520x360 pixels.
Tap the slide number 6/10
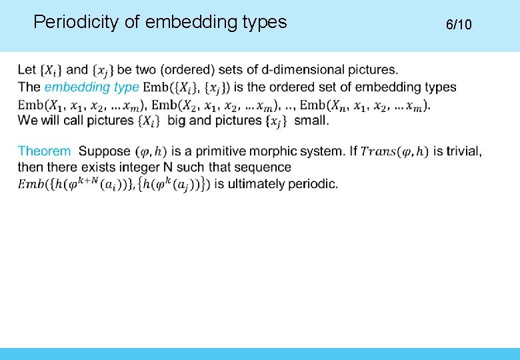point(459,25)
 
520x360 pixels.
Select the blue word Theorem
point(44,151)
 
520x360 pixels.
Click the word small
point(311,121)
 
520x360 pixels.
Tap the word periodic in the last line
point(315,183)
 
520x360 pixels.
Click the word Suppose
point(104,151)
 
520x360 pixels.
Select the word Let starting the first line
point(27,69)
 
